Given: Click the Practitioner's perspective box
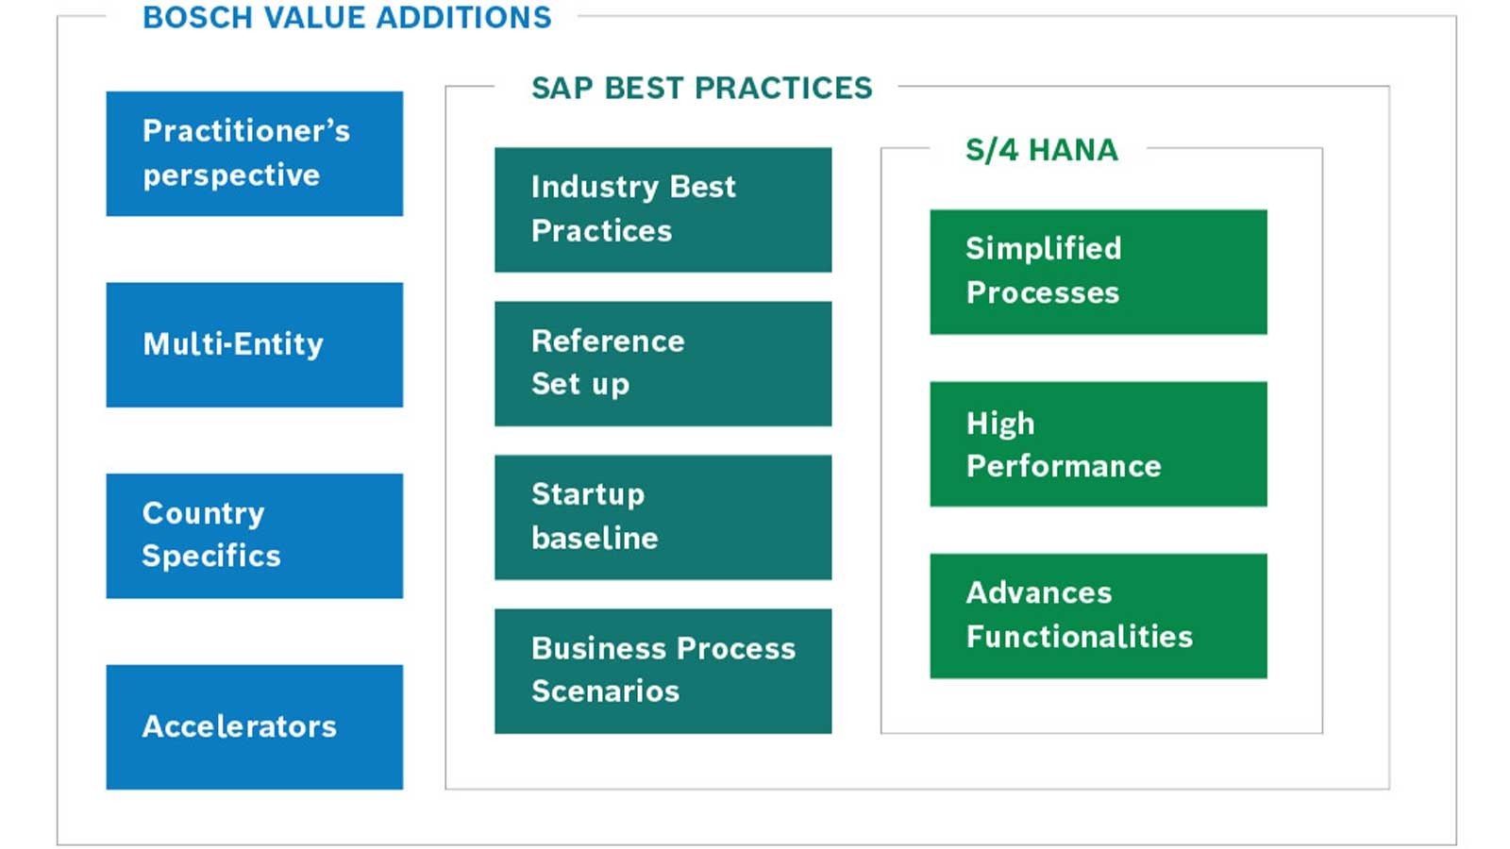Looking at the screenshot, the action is coord(255,154).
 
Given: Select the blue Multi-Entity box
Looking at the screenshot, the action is coord(255,345).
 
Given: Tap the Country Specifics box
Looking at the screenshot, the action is coord(255,537).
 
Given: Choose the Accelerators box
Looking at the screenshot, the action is coord(255,727).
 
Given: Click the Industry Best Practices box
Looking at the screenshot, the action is coord(663,210).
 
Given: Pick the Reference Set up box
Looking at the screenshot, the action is coord(663,364).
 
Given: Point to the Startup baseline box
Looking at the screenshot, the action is coord(663,518).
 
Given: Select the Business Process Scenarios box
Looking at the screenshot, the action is coord(663,671).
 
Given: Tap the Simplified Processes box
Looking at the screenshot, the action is coord(1099,273).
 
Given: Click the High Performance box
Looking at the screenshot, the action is coord(1099,444).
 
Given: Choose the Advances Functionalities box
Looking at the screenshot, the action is coord(1099,616).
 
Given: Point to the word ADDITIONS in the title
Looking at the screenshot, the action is coord(464,18).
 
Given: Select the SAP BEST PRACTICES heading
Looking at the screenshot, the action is coord(702,89).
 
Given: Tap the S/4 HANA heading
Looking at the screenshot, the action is coord(1042,150).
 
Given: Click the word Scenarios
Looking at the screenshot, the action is coord(605,691).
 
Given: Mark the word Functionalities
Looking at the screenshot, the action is coord(1080,637).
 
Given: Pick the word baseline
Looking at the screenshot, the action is coord(595,539).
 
